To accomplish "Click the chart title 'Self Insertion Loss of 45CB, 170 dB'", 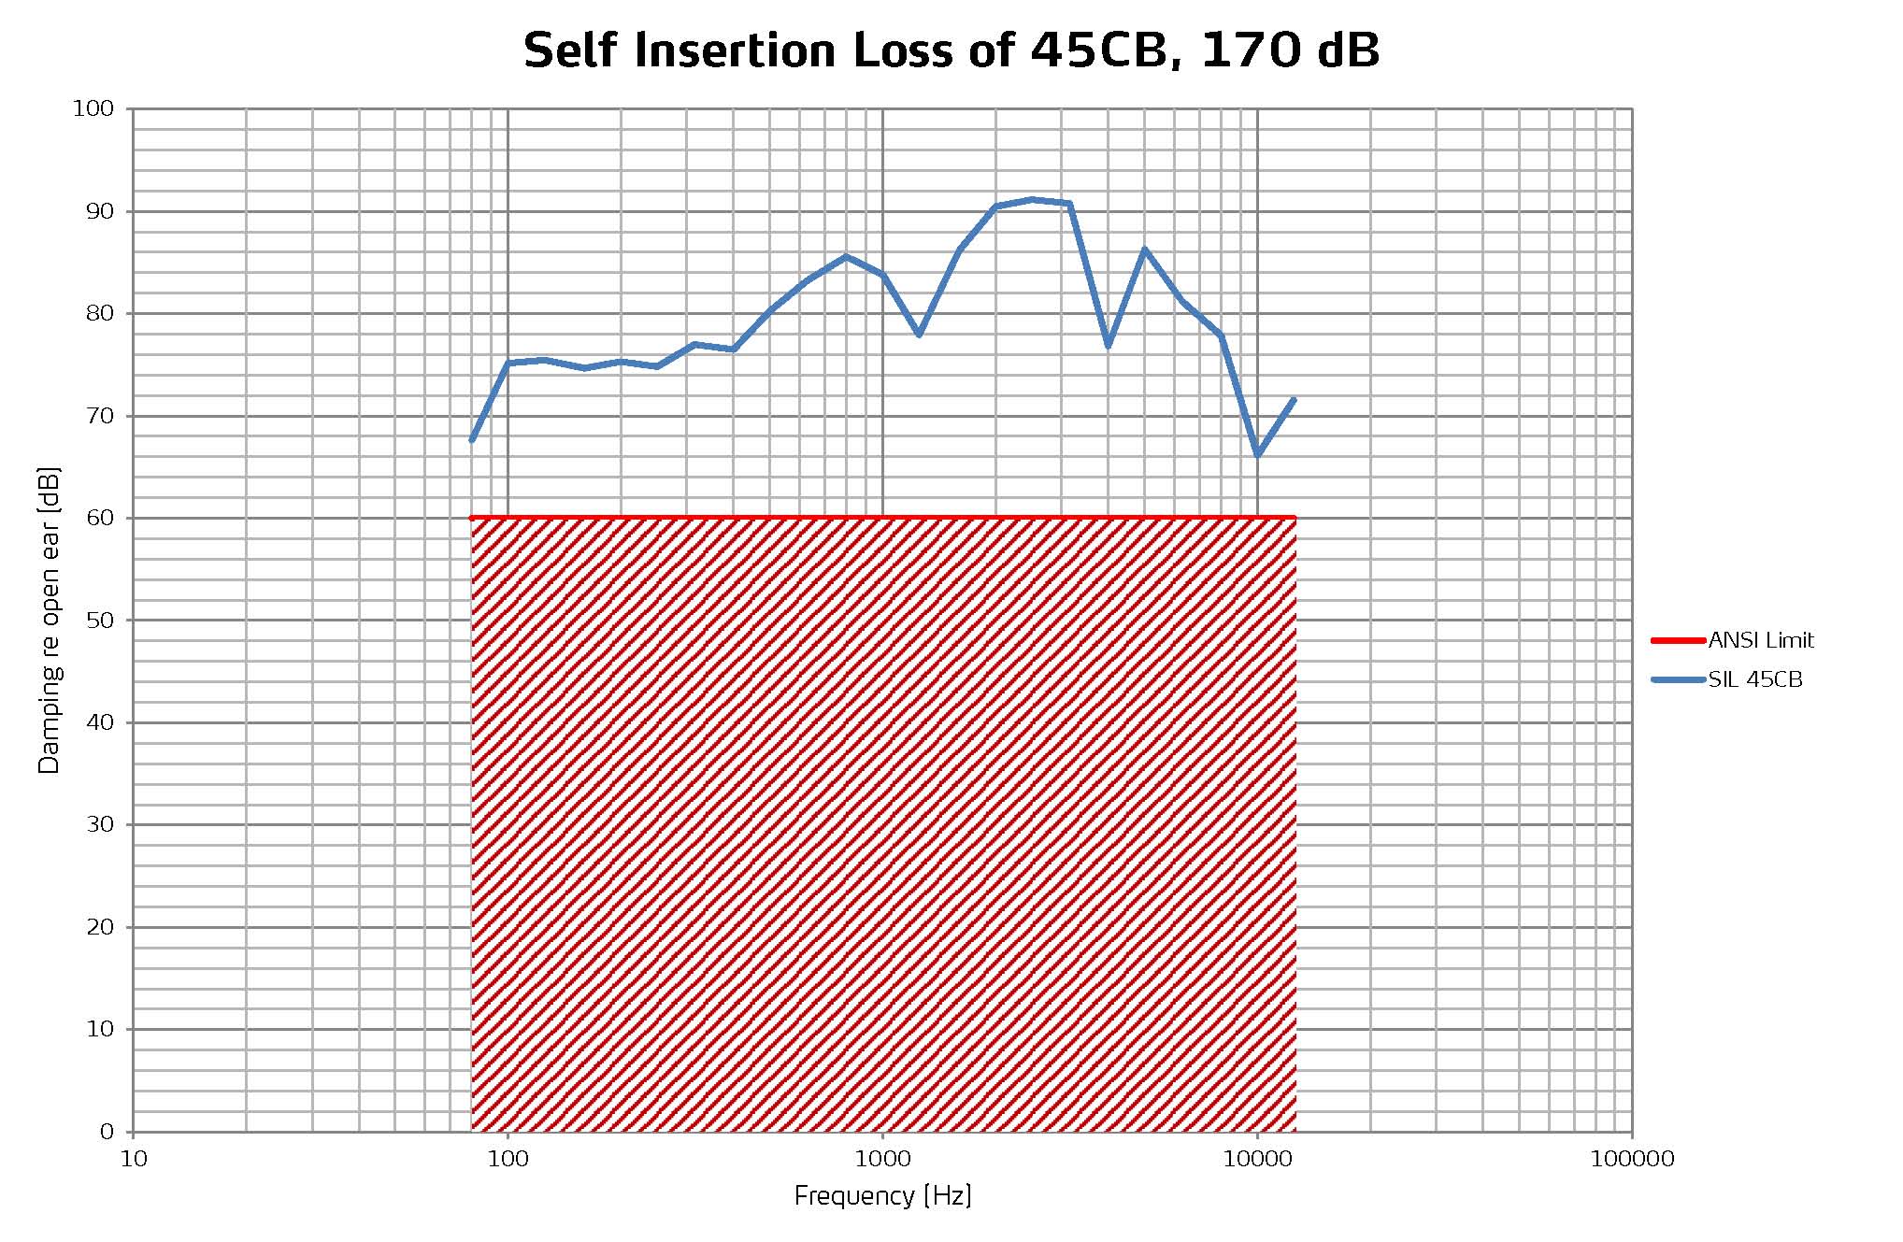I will point(951,50).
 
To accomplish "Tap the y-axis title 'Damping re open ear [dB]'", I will point(49,621).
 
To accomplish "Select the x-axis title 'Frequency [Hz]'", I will point(882,1195).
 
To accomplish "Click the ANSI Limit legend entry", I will point(1760,641).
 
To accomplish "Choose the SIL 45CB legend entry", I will point(1754,680).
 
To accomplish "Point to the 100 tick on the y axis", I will point(93,109).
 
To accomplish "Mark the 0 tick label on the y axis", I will point(107,1133).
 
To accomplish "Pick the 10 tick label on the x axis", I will point(134,1160).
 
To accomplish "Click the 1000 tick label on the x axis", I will point(882,1160).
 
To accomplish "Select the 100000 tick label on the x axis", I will point(1632,1160).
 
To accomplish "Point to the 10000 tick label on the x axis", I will point(1257,1160).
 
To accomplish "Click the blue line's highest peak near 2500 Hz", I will point(1032,199).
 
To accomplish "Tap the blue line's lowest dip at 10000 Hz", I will point(1258,455).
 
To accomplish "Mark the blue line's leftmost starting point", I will point(472,439).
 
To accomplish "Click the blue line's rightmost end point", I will point(1294,400).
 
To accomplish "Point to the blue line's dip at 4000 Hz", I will point(1109,346).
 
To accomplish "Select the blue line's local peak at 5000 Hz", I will point(1144,250).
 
